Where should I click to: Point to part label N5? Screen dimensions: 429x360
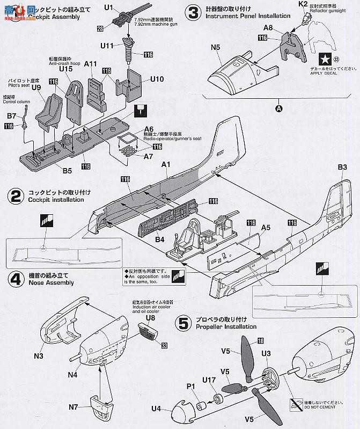coord(216,47)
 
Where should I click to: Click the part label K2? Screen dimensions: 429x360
coord(303,4)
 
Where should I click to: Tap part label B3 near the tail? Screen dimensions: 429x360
coord(343,168)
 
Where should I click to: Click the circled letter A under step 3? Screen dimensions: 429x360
coord(278,108)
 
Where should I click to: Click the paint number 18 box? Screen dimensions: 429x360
coord(260,340)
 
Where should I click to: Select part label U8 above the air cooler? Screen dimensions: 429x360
coord(150,318)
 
